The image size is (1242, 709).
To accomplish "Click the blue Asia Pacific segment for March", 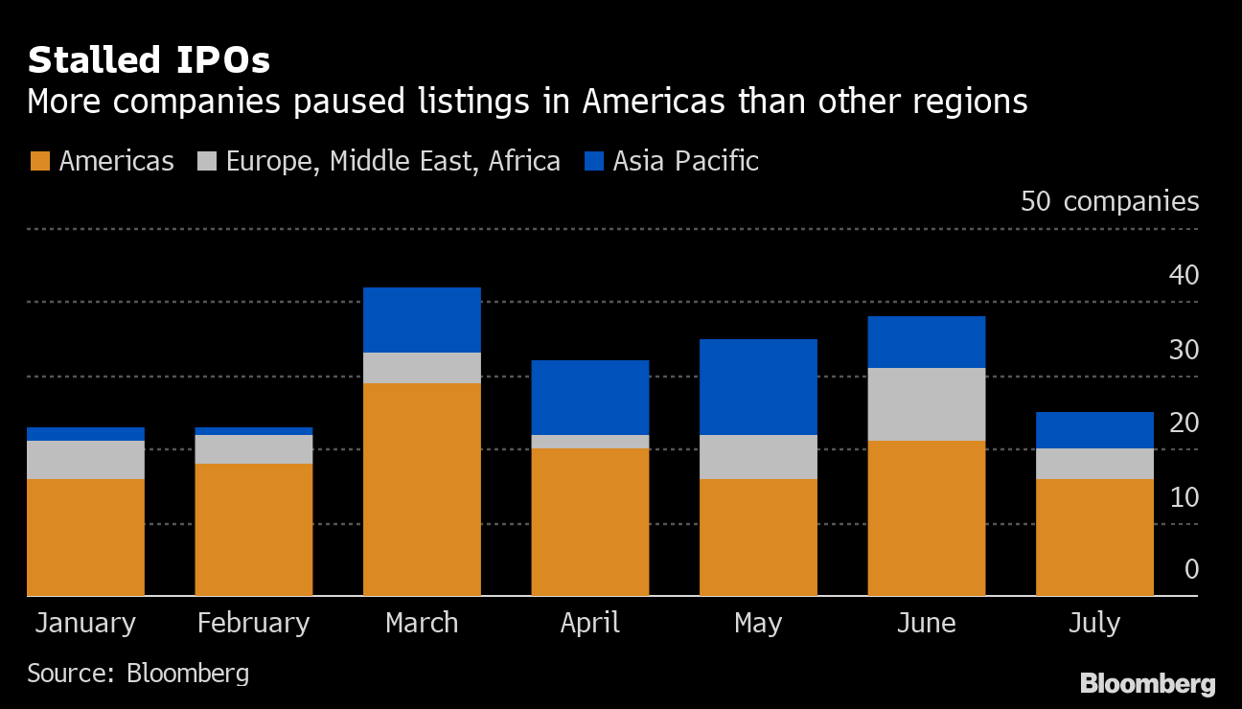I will coord(422,320).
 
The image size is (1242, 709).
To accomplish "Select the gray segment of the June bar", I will coord(927,404).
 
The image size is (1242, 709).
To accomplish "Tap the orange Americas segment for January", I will coord(85,537).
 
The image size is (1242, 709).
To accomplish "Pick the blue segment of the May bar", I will coord(758,387).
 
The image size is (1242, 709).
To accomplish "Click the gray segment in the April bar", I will coord(590,442).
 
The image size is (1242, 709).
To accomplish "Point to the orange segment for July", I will coord(1094,537).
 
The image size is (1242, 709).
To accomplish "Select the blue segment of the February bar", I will coord(254,431).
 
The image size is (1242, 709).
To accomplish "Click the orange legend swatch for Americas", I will coord(39,161).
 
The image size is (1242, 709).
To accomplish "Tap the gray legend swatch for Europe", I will coord(207,161).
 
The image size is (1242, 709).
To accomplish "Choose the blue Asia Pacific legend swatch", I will coord(594,161).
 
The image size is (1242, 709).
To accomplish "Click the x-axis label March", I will coord(422,623).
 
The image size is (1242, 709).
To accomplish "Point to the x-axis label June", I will coord(927,623).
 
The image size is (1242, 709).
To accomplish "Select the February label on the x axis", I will coord(254,623).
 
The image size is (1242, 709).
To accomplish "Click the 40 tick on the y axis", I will coord(1184,276).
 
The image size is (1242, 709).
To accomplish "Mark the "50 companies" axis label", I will coord(1110,201).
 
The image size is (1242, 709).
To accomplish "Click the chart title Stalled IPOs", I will coord(149,60).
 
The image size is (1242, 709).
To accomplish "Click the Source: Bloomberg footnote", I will coord(138,673).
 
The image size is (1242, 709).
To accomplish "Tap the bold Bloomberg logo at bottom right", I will coord(1148,684).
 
